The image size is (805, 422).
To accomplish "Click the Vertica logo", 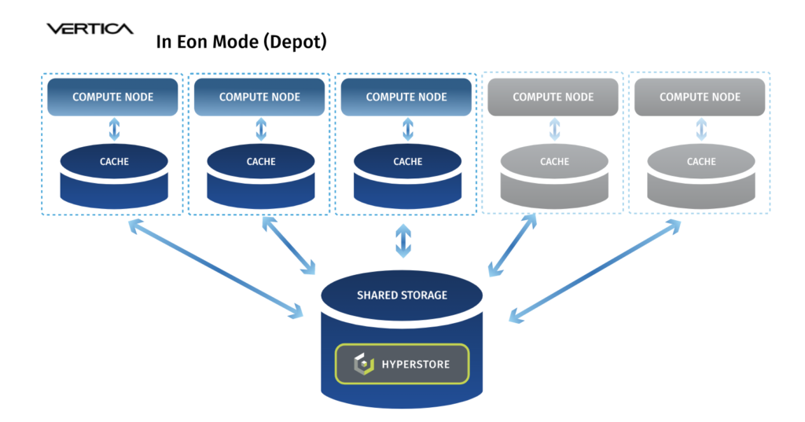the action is point(90,29).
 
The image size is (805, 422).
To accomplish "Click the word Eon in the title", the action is point(192,42).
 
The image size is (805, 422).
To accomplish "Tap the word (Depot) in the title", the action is point(296,42).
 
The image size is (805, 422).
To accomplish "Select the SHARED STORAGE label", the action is point(402,295).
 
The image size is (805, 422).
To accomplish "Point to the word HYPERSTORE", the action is point(416,365).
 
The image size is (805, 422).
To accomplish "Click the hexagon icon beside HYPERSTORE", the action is point(364,364).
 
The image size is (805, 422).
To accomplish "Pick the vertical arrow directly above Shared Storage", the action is point(403,240).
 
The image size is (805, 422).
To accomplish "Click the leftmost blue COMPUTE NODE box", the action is point(112,97).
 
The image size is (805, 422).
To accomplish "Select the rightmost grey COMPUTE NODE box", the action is point(700,97).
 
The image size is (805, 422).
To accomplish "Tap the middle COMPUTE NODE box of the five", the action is point(406,97).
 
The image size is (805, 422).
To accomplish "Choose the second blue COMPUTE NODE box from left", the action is point(259,97).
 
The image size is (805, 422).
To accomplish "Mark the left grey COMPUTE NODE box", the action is point(553,97).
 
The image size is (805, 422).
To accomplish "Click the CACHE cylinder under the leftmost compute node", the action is point(114,177).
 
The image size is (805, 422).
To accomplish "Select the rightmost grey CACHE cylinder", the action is point(701,177).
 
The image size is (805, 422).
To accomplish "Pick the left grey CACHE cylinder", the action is point(554,177).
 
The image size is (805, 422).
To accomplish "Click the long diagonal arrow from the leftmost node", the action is point(215,269).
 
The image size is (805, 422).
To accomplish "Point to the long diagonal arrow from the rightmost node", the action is point(595,272).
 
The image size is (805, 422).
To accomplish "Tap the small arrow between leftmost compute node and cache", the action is point(115,130).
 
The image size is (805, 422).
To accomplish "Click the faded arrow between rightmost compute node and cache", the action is point(701,130).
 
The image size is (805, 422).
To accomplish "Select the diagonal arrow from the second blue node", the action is point(289,245).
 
